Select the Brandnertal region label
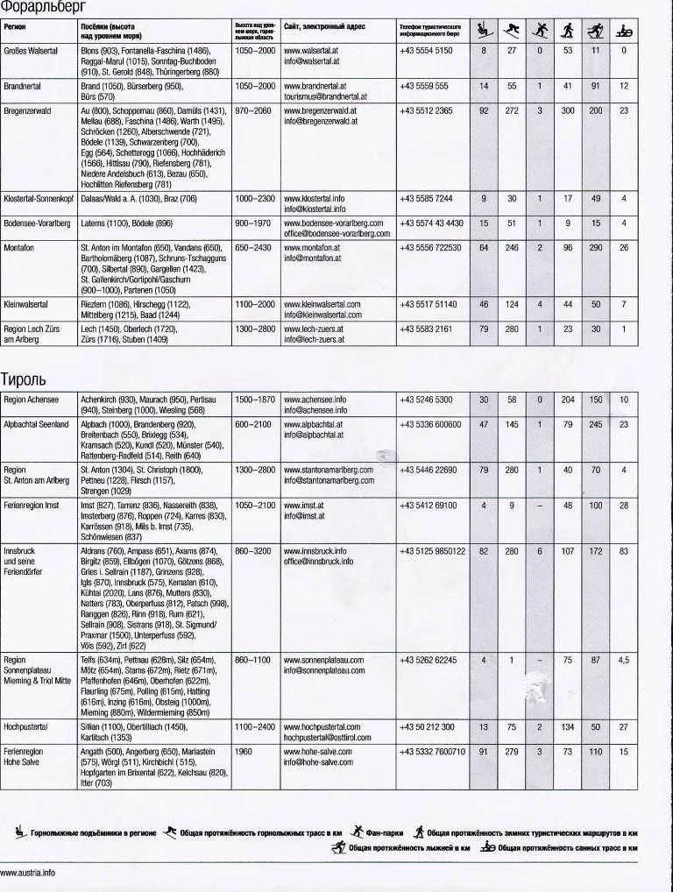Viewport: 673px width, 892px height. click(23, 87)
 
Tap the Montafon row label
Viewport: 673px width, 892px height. click(19, 248)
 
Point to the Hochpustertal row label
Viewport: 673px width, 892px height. click(27, 727)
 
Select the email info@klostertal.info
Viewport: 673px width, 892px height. click(315, 209)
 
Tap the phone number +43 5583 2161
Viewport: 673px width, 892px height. click(426, 329)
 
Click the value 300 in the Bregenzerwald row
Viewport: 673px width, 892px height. click(568, 111)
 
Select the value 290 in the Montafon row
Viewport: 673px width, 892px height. click(596, 248)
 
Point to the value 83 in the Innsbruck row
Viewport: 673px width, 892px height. click(623, 551)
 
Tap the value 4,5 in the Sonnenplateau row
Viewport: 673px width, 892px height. click(623, 660)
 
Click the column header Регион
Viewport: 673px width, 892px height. click(14, 27)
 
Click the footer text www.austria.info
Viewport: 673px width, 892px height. click(27, 873)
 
